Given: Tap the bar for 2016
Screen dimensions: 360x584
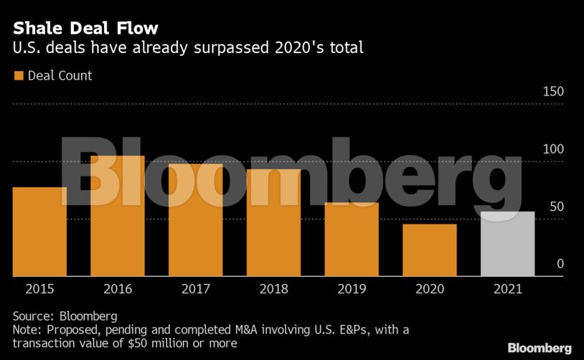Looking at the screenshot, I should (x=118, y=216).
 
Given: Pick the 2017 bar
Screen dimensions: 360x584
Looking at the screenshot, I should (x=195, y=220).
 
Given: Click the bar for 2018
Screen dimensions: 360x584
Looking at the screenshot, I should (x=273, y=222).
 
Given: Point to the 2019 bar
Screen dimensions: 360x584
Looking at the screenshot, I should (x=352, y=240).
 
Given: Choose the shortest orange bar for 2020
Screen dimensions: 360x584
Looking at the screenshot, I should (x=429, y=250).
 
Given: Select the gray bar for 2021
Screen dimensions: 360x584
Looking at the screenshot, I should (x=507, y=244).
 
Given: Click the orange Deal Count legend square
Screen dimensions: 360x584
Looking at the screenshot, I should (x=18, y=75).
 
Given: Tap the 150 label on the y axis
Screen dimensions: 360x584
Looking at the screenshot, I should (x=554, y=92).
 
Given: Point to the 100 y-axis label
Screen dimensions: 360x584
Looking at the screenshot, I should (x=554, y=149).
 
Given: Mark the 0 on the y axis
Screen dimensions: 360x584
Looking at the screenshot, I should (x=560, y=264).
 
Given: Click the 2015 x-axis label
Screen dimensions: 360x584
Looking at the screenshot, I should (x=39, y=289).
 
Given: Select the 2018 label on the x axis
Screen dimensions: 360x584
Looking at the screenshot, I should (x=273, y=289).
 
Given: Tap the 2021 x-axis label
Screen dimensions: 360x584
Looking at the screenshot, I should (x=507, y=289).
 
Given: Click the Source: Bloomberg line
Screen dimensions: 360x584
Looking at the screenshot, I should (x=65, y=316).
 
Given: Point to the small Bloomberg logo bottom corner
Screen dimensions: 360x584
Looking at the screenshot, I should (x=540, y=348).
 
